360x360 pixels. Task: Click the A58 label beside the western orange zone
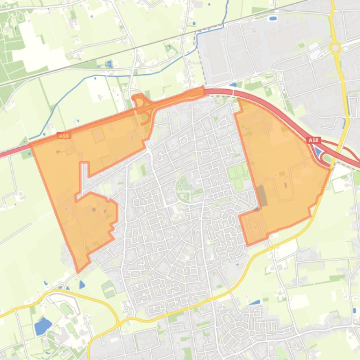click(64, 136)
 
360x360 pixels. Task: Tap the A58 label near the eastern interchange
click(313, 140)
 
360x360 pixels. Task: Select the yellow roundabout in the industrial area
click(335, 47)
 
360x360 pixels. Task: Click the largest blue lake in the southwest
click(43, 326)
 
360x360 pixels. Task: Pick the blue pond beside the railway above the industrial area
click(272, 19)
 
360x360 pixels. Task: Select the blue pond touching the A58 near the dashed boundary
click(233, 85)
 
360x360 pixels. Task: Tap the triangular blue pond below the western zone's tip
click(82, 284)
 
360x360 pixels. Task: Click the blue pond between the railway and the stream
click(109, 64)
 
